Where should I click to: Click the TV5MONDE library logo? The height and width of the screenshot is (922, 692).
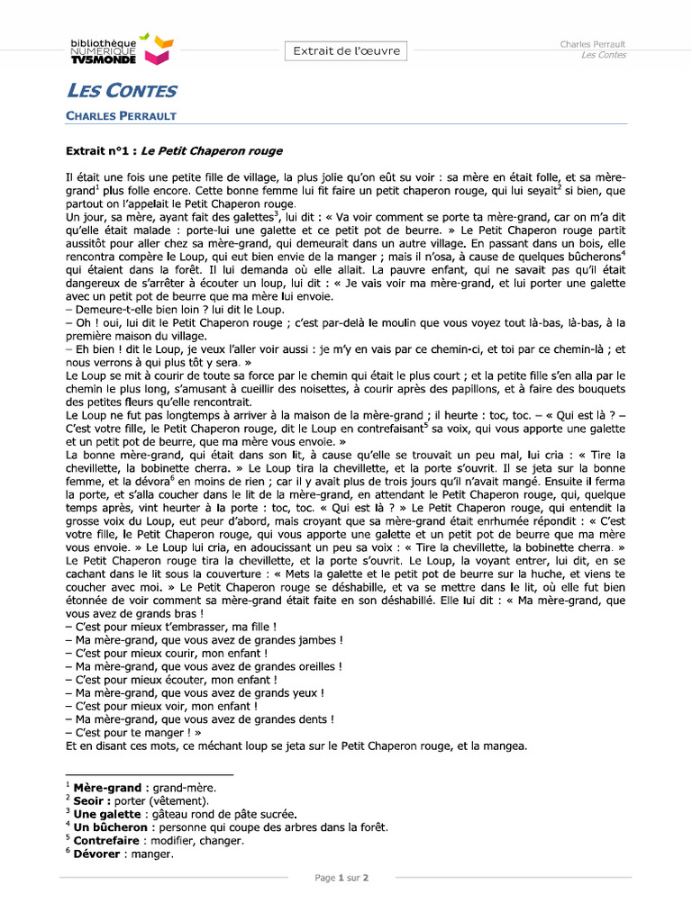pos(121,50)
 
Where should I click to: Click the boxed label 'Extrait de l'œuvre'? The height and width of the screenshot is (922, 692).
pos(346,51)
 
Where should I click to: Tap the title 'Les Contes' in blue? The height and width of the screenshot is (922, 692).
pos(122,91)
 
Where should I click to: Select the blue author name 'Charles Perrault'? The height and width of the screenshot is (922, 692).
pos(121,116)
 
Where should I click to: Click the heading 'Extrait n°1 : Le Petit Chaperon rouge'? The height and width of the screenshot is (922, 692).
pos(175,151)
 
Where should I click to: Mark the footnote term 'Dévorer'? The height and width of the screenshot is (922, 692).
pos(96,854)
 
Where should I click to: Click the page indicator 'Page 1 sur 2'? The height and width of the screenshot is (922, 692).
pos(341,878)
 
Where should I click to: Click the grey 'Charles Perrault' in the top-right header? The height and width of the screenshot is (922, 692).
pos(593,44)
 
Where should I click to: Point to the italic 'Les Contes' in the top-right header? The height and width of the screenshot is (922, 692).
pos(604,55)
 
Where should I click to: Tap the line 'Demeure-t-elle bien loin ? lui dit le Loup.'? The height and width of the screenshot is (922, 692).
pos(162,309)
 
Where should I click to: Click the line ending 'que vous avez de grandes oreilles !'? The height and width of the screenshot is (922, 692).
pos(205,666)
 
